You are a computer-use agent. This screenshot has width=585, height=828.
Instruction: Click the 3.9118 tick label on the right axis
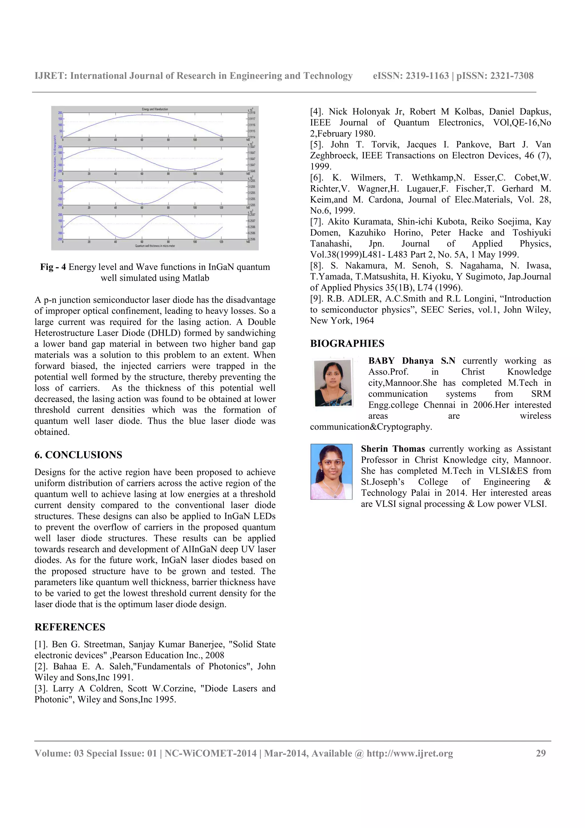pos(252,113)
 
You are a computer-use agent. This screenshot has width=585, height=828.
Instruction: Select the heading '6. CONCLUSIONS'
pos(78,455)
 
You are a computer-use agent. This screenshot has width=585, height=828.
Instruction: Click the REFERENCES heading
pos(70,627)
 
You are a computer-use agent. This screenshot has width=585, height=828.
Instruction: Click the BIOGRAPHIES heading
pos(347,343)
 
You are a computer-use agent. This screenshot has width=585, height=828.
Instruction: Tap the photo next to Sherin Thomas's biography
pos(331,471)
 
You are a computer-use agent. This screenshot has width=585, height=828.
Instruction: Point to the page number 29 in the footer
pos(541,753)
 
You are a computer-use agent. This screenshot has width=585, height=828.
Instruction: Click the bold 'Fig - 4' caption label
pos(53,267)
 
